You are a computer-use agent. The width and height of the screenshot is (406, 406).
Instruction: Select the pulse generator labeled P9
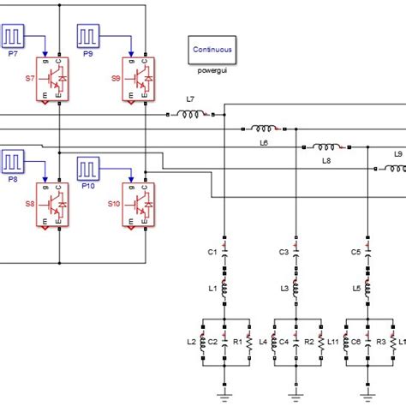89,36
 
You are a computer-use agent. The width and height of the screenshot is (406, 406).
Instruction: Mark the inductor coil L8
326,147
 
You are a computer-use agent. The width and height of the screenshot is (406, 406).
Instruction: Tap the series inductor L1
224,290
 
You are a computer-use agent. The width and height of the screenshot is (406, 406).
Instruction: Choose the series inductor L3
296,290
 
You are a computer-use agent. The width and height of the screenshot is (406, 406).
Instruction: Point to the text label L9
397,154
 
